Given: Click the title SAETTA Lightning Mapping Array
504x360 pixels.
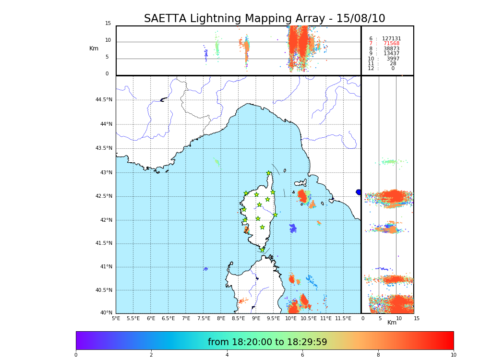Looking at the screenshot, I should pos(264,19).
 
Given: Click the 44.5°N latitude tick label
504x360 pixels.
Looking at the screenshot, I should pos(104,100).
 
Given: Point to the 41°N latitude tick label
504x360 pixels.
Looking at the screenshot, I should pos(106,267).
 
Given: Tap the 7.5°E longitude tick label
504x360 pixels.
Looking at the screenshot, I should pos(204,318).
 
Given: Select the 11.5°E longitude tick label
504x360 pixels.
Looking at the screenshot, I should pos(344,318).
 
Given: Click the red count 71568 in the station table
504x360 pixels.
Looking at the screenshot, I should pos(391,44).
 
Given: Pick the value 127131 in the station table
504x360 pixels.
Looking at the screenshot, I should pos(391,39).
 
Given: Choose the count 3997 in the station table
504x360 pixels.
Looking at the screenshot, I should pos(393,59).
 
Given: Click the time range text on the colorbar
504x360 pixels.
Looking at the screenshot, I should pos(267,342).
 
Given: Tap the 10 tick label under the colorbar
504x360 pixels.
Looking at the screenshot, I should pos(453,355).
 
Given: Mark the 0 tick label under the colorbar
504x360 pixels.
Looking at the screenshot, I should pos(76,355).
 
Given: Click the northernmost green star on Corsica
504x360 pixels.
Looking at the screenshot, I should pos(269,173).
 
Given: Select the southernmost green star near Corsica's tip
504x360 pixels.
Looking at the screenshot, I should pos(262,250).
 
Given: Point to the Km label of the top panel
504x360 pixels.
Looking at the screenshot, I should pos(94,48).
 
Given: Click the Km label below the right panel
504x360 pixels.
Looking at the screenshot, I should pos(392,323).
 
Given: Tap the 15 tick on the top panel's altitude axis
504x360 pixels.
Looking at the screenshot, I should pos(108,24).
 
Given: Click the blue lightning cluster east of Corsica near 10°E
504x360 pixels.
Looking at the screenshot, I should pos(293,228).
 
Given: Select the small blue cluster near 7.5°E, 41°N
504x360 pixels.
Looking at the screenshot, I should pos(205,269).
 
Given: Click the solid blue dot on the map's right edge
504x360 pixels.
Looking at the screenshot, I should pos(359,192).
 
